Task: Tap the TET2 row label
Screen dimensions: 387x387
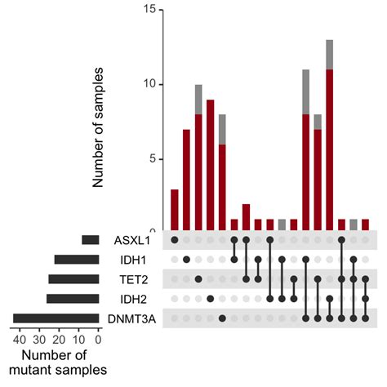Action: [x=135, y=279]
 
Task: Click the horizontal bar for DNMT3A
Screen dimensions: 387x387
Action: [x=56, y=318]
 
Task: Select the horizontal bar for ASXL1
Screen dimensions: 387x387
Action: [x=90, y=241]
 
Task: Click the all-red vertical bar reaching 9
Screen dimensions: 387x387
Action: [x=210, y=163]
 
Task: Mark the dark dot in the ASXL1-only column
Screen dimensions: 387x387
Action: [x=175, y=241]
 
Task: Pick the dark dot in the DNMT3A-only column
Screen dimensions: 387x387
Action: [x=222, y=318]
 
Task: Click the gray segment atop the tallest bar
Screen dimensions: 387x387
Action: [x=329, y=55]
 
